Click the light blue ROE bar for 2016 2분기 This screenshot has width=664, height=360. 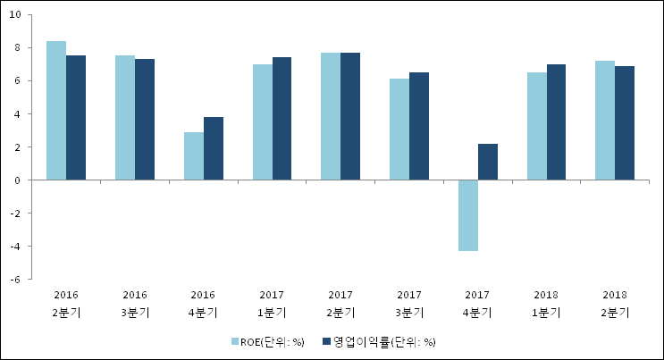(56, 111)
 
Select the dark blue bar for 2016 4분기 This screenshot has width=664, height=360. (214, 148)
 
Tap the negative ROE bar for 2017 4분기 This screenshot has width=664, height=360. (468, 215)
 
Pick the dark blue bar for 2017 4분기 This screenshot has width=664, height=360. (488, 162)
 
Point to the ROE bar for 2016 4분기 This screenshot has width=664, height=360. (194, 156)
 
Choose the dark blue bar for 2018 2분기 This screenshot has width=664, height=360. (625, 123)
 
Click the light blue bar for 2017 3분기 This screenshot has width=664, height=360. (399, 130)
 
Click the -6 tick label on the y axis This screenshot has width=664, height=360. (18, 280)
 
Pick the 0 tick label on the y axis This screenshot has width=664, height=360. (20, 180)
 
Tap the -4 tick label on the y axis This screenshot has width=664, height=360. (18, 247)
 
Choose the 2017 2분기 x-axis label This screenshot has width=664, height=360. (340, 303)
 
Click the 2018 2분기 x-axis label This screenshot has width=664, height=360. (615, 303)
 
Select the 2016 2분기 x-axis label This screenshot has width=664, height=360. (66, 303)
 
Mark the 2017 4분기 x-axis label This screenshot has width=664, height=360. (478, 303)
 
